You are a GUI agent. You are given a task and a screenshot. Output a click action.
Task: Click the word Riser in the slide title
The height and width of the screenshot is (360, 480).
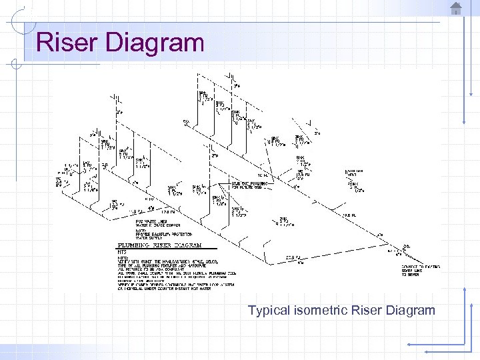pyautogui.click(x=62, y=43)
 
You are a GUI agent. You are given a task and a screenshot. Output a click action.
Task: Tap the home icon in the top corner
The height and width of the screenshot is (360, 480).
pyautogui.click(x=456, y=8)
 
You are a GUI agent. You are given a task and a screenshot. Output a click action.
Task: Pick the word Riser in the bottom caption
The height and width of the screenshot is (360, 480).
pyautogui.click(x=365, y=310)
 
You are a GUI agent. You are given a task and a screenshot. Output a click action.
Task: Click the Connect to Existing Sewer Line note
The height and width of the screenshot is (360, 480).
pyautogui.click(x=415, y=269)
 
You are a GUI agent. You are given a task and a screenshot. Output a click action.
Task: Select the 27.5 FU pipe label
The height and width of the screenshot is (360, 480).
pyautogui.click(x=292, y=257)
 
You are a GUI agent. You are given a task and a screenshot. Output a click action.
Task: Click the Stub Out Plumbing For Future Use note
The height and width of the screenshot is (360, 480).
pyautogui.click(x=249, y=185)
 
